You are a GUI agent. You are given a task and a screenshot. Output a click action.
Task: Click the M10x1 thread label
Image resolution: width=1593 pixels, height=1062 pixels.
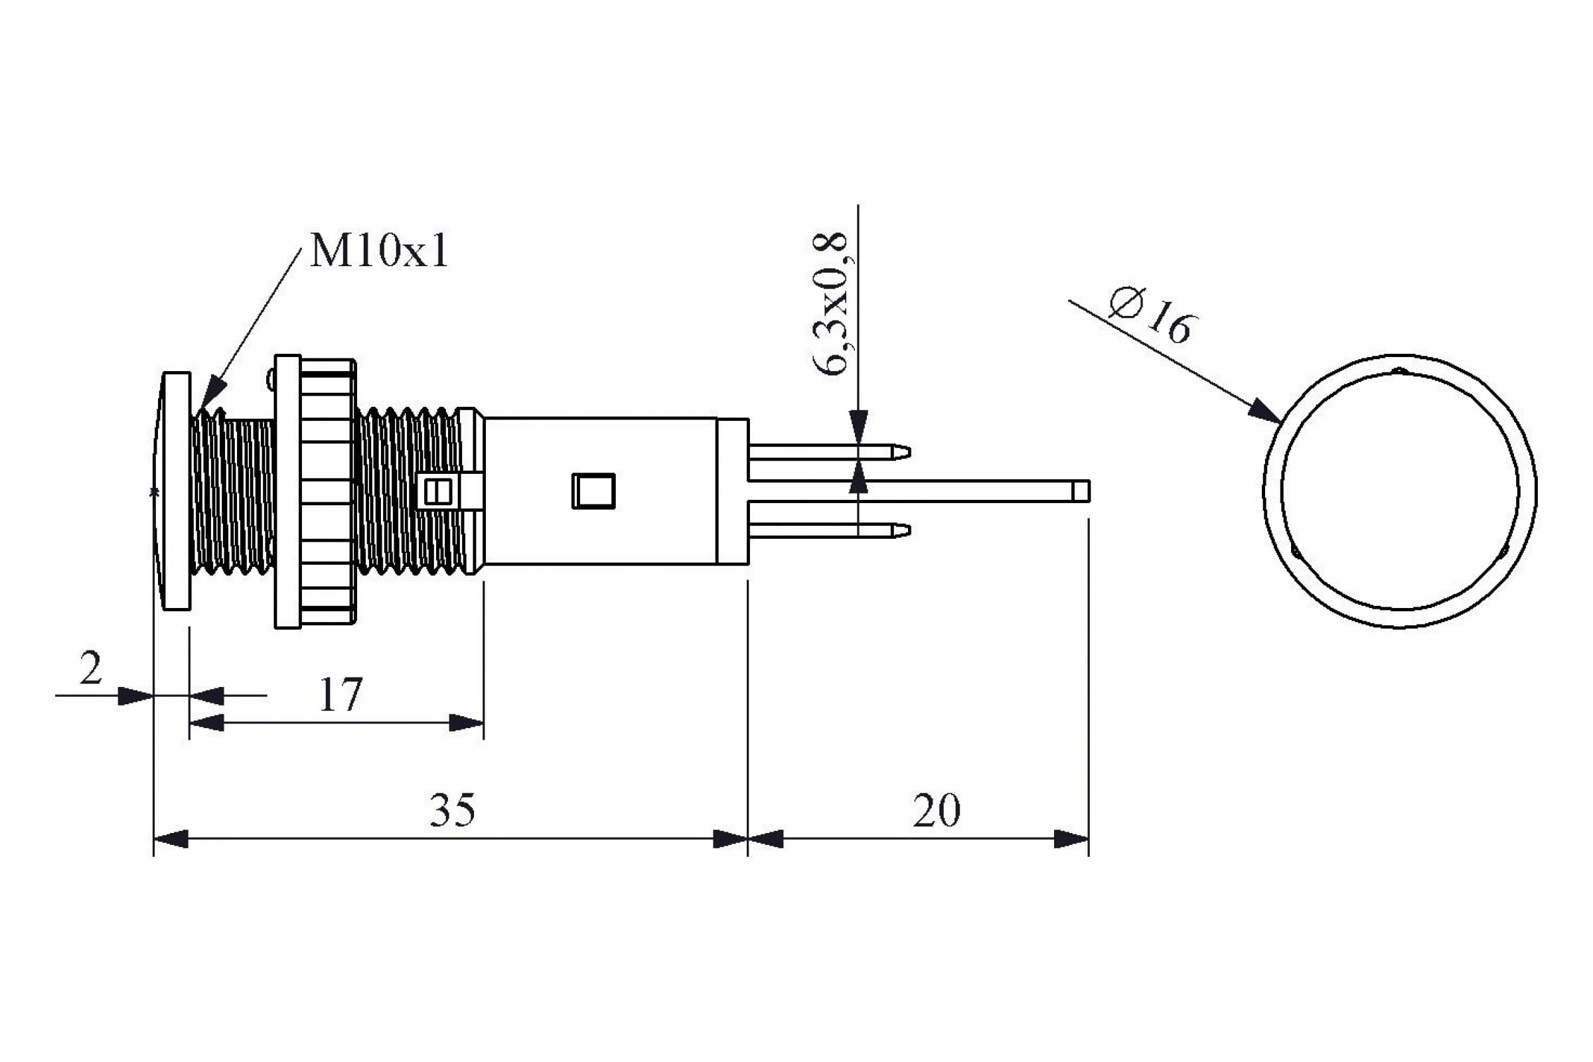coord(378,252)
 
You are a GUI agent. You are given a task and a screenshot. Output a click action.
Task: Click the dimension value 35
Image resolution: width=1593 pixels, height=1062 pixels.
coord(453,810)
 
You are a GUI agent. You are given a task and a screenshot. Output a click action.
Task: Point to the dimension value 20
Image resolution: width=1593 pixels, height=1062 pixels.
coord(936,810)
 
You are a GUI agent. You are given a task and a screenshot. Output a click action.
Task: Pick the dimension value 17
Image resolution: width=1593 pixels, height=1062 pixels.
coord(340,695)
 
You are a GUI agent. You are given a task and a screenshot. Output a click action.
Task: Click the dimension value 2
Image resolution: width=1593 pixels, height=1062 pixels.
coord(91,668)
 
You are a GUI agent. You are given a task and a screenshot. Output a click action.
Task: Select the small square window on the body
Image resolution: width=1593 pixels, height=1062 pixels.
coord(593,491)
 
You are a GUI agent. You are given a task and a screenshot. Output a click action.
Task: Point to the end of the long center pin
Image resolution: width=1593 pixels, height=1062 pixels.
coord(1081,491)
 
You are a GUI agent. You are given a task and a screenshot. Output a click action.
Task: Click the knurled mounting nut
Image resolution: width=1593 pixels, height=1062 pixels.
coord(327,491)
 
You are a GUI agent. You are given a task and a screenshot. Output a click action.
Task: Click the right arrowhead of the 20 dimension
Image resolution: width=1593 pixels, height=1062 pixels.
coord(1071,839)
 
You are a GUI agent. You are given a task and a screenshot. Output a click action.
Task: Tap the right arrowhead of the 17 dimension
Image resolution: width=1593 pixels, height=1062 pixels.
coord(467,723)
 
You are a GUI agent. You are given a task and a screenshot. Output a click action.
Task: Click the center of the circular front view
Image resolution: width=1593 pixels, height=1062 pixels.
coord(1400,491)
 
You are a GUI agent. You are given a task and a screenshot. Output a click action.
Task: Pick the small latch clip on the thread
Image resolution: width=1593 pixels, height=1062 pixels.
coord(437,492)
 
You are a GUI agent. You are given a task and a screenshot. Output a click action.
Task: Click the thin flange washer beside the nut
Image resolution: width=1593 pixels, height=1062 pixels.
coord(287,491)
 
